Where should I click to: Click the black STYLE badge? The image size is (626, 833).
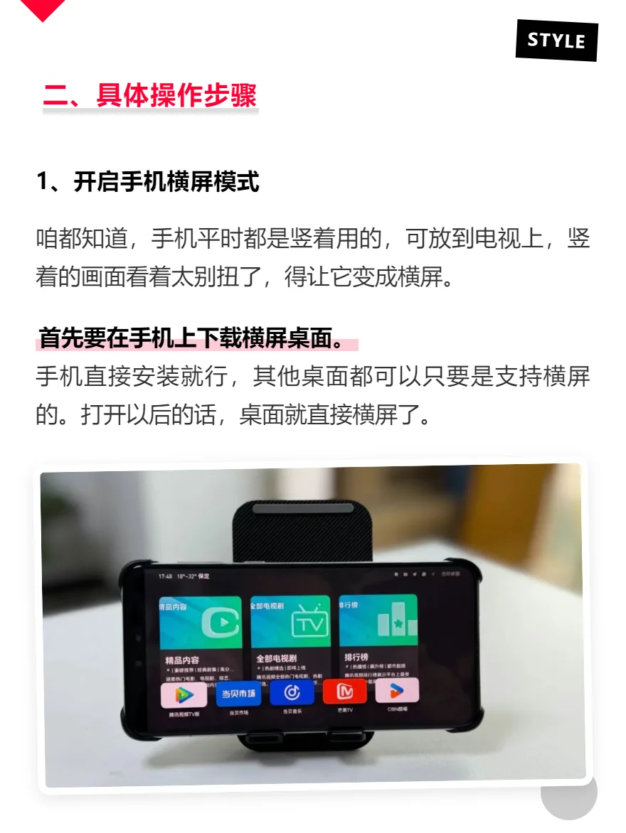[x=556, y=40]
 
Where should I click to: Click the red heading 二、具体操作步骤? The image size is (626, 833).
[x=149, y=95]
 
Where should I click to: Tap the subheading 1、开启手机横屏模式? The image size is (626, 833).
[x=147, y=183]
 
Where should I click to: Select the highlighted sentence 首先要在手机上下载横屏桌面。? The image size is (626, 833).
[x=191, y=339]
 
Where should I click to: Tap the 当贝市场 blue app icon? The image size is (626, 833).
[x=239, y=694]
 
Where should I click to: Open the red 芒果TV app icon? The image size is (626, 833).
[x=345, y=692]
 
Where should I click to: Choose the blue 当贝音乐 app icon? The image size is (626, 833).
[x=292, y=692]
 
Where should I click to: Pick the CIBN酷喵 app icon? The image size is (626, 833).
[x=396, y=690]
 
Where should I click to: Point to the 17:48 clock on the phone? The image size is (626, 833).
[x=166, y=576]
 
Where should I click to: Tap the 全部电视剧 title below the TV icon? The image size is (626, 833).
[x=276, y=659]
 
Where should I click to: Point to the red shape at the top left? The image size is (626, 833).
[x=43, y=9]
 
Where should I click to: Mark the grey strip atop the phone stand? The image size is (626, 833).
[x=302, y=509]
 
